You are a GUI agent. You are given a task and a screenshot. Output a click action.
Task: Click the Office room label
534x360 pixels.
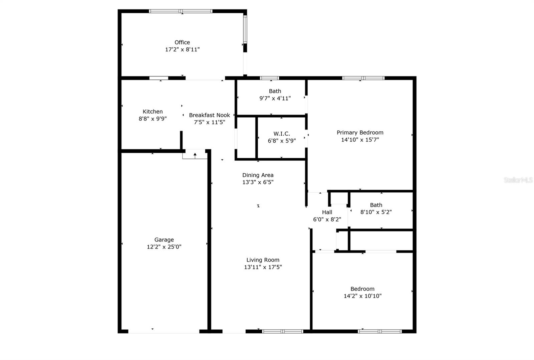(x=182, y=42)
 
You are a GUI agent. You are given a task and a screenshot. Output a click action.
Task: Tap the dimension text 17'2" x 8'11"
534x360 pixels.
(x=182, y=49)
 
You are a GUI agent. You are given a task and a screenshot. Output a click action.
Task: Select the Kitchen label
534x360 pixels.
(x=153, y=112)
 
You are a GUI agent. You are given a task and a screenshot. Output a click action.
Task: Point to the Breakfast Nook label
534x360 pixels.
(x=209, y=115)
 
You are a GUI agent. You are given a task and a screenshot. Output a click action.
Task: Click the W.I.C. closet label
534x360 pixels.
(x=282, y=134)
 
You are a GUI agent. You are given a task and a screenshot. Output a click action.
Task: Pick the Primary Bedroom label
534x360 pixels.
(x=360, y=132)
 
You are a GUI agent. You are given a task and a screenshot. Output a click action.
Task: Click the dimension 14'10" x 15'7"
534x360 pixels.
(x=360, y=140)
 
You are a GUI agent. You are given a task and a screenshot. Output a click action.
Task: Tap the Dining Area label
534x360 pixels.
(x=258, y=175)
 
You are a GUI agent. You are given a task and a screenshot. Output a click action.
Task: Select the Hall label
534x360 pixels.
(x=327, y=212)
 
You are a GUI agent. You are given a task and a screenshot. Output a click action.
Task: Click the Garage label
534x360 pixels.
(x=164, y=240)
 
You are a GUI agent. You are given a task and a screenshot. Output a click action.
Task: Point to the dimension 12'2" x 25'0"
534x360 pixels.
(x=164, y=247)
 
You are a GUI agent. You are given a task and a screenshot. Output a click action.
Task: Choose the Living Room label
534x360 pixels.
(x=263, y=260)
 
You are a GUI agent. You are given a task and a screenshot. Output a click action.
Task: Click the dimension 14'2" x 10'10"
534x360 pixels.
(x=362, y=296)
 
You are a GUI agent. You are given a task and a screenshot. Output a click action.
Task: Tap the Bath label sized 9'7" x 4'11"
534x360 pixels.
(x=275, y=91)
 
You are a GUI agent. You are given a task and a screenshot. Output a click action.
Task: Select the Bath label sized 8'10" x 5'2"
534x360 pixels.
(x=376, y=205)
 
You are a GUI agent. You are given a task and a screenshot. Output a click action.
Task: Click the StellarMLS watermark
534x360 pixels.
(x=518, y=180)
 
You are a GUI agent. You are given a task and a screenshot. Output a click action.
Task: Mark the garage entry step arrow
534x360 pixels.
(x=195, y=156)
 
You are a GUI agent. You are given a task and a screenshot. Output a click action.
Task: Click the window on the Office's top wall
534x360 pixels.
(x=181, y=11)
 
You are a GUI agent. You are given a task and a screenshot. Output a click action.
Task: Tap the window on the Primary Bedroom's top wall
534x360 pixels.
(x=363, y=78)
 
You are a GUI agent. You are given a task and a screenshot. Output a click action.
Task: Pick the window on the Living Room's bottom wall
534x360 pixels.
(x=282, y=331)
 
